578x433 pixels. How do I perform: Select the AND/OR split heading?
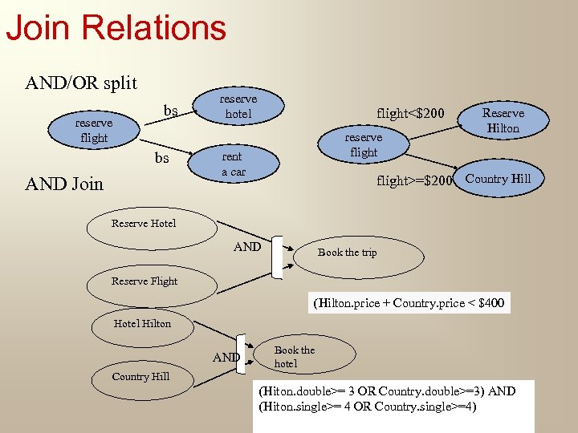tap(81, 83)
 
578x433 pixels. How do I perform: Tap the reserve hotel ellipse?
tap(238, 107)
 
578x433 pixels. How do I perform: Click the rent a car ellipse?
tap(234, 164)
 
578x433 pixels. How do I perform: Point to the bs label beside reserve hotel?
tap(170, 109)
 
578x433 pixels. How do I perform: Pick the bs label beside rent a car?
tap(162, 158)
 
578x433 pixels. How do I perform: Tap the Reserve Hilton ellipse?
tap(503, 120)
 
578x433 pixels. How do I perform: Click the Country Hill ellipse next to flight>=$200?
tap(498, 179)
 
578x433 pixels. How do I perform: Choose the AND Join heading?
tap(65, 184)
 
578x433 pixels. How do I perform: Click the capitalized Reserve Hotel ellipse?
tap(144, 223)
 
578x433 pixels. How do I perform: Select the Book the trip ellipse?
tap(347, 253)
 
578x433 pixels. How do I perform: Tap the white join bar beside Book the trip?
tap(278, 257)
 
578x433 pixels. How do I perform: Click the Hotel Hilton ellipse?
tap(142, 323)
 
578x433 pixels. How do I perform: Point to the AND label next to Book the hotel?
tap(226, 357)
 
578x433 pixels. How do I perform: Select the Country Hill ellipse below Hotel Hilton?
tap(140, 376)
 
